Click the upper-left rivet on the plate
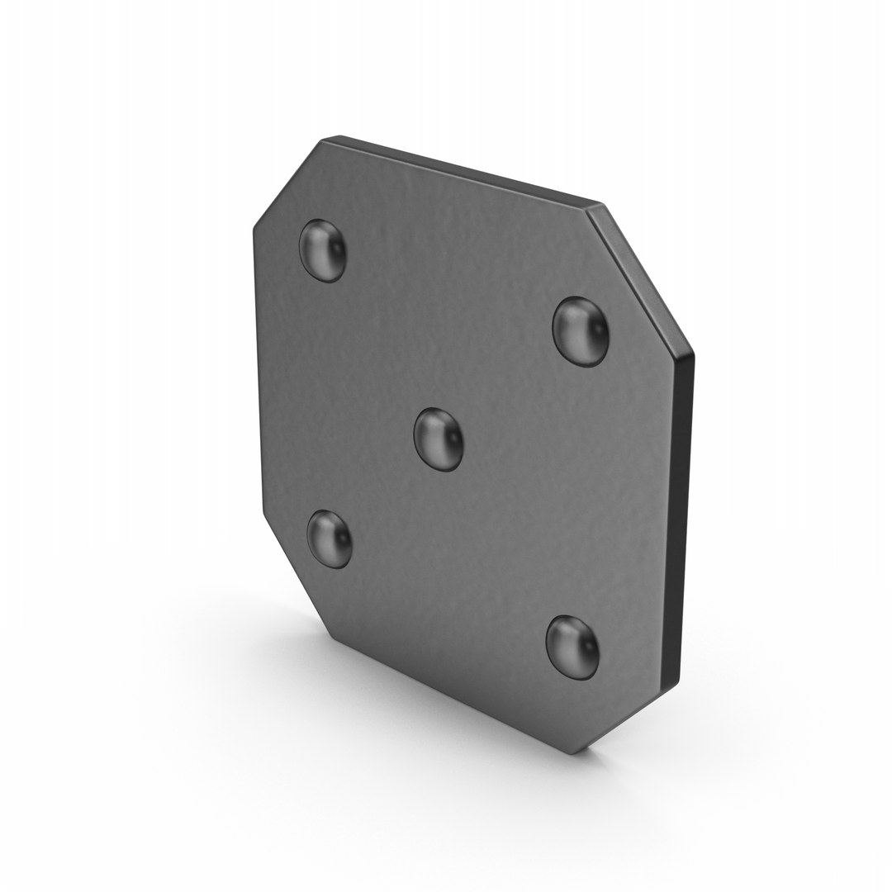tap(323, 249)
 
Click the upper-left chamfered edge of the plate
tap(285, 180)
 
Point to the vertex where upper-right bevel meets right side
tap(692, 353)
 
